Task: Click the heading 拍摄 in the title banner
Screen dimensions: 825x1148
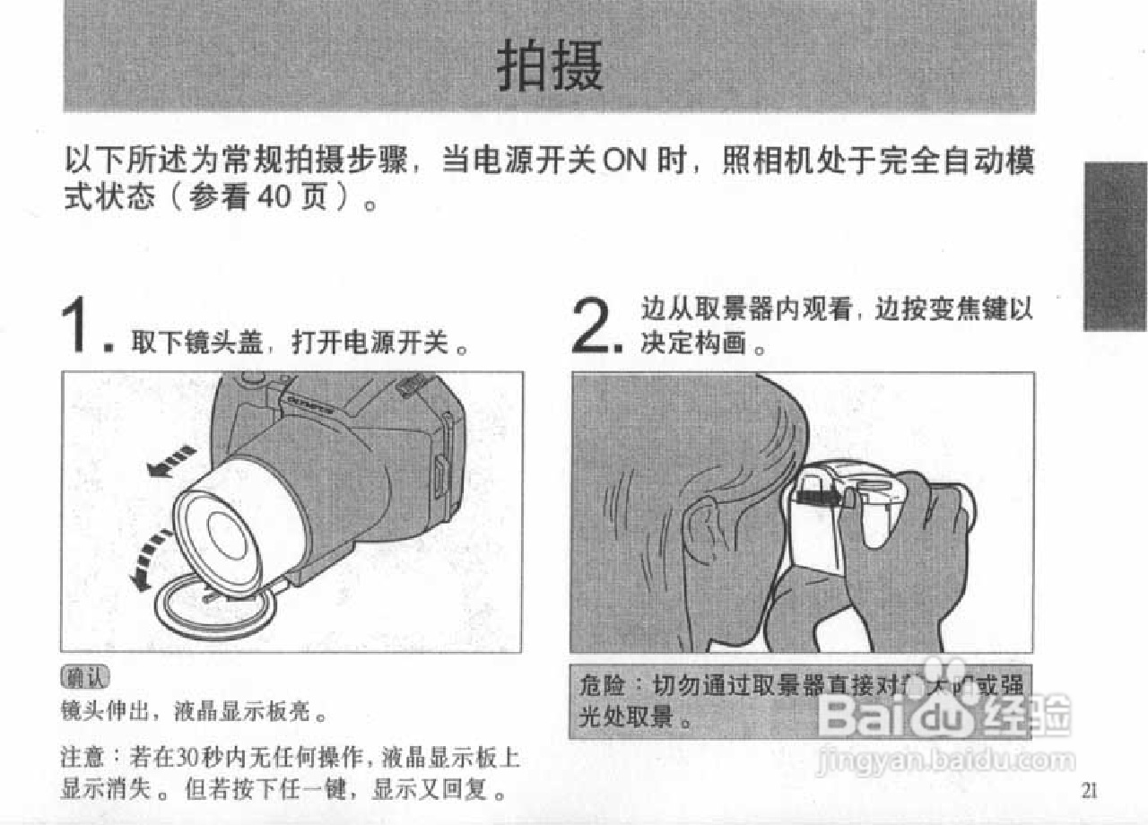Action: (x=550, y=65)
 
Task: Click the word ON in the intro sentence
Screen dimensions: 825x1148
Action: (x=624, y=162)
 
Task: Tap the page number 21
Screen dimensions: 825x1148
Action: (x=1089, y=789)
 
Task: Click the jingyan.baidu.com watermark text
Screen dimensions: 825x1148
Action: (x=946, y=761)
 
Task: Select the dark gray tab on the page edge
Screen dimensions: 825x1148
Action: (x=1115, y=246)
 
